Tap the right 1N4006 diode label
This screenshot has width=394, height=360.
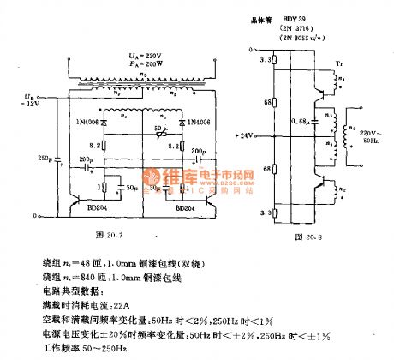tap(198, 127)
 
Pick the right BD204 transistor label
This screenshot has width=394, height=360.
tap(186, 207)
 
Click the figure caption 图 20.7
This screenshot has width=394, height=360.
tap(133, 232)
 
